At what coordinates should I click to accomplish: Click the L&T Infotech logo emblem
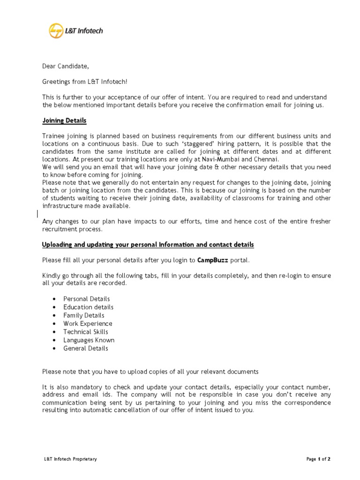tap(56, 31)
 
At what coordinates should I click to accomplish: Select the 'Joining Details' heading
tap(64, 120)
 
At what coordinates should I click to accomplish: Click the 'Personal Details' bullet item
tap(87, 299)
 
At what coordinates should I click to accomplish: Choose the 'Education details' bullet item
tap(89, 307)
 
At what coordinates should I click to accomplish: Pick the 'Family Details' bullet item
tap(84, 315)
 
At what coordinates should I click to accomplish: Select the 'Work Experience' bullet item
tap(88, 323)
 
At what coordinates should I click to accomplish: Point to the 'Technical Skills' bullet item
tap(86, 332)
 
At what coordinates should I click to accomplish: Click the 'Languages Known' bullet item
tap(89, 340)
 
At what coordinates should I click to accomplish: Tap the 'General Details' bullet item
tap(86, 348)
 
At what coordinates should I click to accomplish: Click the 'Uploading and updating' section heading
tap(148, 245)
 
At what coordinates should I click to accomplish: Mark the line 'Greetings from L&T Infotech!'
tap(85, 82)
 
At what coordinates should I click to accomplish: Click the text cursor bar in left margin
tap(37, 214)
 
